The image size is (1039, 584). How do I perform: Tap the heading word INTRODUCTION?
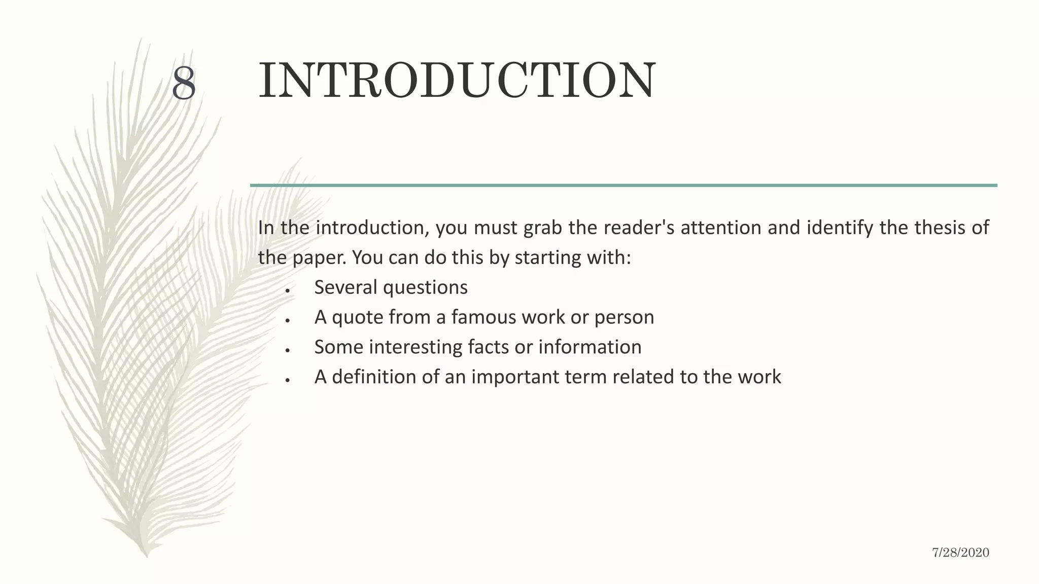[x=457, y=81]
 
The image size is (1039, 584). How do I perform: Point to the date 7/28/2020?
[x=960, y=553]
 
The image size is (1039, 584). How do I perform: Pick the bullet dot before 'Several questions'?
[x=287, y=291]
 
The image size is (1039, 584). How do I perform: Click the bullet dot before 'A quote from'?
[x=287, y=321]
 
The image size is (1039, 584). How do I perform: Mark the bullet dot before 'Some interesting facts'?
[x=287, y=350]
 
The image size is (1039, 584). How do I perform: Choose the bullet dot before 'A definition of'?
[x=287, y=380]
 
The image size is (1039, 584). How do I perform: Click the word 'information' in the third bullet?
[x=590, y=347]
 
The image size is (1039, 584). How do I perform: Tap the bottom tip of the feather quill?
[x=147, y=557]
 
